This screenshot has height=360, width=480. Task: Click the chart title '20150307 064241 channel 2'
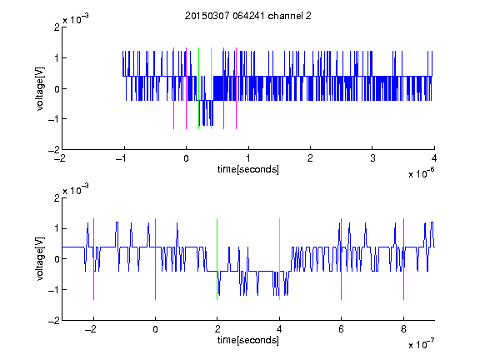point(248,16)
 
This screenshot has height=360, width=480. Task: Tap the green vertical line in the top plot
point(198,88)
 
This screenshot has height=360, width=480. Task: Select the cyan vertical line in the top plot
point(211,88)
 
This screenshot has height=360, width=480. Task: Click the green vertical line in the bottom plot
point(217,259)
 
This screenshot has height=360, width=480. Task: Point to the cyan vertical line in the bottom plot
point(279,259)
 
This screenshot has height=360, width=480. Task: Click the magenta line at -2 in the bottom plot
point(93,259)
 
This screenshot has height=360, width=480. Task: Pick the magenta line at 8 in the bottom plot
point(404,259)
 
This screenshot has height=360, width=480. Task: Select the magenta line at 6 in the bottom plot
point(342,259)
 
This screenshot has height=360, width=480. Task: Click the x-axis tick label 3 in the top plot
point(372,158)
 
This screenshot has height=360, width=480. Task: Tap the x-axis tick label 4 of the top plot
point(434,158)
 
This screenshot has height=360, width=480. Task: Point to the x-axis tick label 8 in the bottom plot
point(403,329)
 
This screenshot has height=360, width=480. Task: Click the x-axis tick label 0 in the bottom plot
point(155,329)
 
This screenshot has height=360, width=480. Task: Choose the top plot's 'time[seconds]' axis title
point(248,169)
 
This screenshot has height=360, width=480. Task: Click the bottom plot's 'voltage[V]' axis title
point(40,259)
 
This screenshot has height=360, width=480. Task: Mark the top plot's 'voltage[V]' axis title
point(40,89)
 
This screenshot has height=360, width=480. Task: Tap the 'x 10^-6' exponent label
point(421,173)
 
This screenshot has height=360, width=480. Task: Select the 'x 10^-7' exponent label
point(421,344)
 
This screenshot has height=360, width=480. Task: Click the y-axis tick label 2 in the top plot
point(57,27)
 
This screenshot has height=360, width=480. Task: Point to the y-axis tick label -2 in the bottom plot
point(54,321)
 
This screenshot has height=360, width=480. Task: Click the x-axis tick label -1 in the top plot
point(122,158)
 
